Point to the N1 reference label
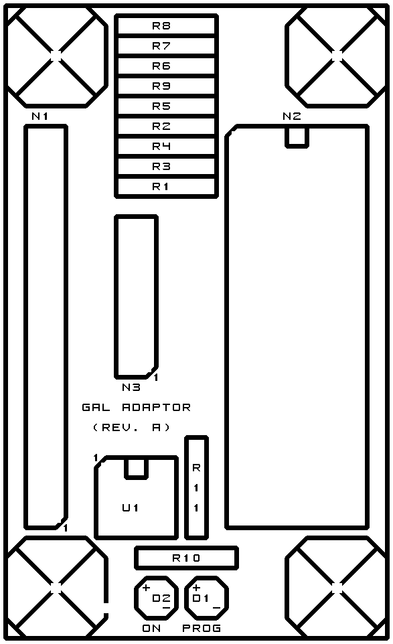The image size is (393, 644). (x=40, y=116)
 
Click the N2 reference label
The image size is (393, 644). (x=291, y=116)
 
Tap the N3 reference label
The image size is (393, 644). (x=131, y=387)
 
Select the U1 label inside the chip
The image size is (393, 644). (x=130, y=507)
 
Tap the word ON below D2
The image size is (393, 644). (x=151, y=628)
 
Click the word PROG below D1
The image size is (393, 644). (x=202, y=628)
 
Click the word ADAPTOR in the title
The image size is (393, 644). (x=157, y=407)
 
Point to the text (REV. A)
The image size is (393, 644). (x=131, y=427)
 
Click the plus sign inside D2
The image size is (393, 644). (x=146, y=588)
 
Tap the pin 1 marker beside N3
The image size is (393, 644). (x=156, y=377)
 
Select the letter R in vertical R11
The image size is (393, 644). (x=196, y=467)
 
